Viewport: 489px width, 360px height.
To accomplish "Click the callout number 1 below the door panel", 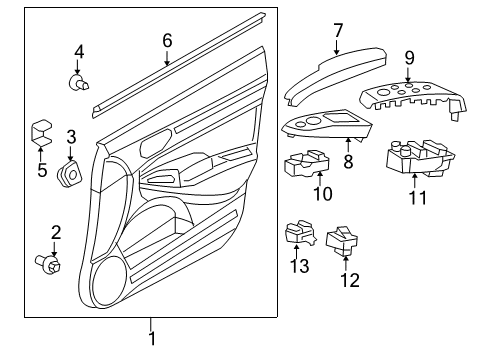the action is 151,338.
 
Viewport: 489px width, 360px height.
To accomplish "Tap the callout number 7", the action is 338,31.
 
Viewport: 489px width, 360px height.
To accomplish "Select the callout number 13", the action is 299,266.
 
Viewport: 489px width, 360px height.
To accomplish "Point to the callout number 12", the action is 350,280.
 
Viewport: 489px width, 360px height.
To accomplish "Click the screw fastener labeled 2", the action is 48,263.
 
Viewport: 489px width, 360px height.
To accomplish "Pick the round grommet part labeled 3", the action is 70,173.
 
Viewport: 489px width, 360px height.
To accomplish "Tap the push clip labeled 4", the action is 79,82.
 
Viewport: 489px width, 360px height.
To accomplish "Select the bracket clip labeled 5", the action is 42,133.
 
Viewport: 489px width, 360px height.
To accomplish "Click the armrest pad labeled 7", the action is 335,77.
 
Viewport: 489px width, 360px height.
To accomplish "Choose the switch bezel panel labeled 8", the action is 327,126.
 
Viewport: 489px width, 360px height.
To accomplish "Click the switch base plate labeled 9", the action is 413,99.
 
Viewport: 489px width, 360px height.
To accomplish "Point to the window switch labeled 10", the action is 307,164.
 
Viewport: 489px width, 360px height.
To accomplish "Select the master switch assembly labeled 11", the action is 420,159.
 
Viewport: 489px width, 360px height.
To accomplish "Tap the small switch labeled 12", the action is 342,241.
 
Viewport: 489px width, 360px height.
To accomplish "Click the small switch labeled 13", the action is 300,232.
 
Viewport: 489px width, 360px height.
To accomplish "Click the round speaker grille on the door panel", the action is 110,281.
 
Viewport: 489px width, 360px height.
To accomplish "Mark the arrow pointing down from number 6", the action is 167,57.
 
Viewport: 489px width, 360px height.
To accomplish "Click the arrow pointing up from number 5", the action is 40,154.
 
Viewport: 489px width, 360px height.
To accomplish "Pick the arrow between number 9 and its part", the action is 409,74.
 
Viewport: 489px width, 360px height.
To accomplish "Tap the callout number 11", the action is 418,198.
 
